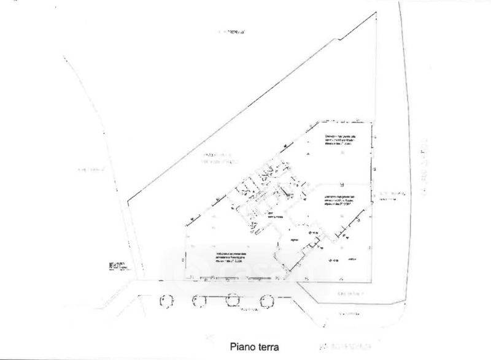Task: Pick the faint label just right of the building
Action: pos(392,195)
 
